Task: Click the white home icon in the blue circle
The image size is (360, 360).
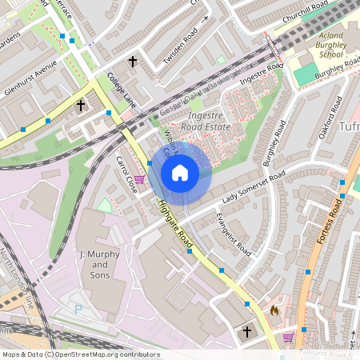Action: click(x=180, y=172)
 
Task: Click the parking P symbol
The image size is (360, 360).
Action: click(x=78, y=308)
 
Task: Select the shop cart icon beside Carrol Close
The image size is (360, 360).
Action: click(x=140, y=180)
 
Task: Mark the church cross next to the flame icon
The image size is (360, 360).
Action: click(x=247, y=330)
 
